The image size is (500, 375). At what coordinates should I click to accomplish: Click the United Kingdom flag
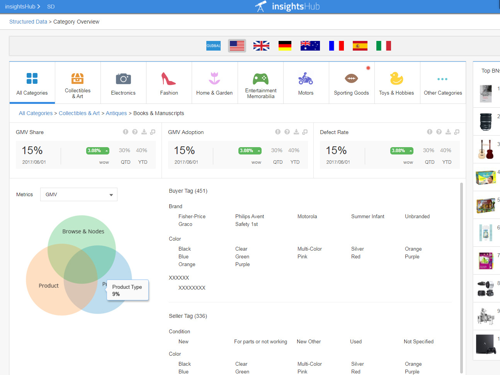point(261,46)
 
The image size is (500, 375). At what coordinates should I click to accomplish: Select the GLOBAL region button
point(213,46)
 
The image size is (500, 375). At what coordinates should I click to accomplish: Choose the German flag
point(285,46)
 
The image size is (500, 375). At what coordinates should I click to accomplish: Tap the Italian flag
point(383,46)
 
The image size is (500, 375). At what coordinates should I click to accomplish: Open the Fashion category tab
point(169,83)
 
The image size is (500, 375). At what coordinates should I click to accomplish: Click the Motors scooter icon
point(306,78)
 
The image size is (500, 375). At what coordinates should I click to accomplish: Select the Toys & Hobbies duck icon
point(396,78)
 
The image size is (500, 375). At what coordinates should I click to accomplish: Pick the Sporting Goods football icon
point(351,78)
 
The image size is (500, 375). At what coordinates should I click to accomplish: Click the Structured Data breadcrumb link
point(28,22)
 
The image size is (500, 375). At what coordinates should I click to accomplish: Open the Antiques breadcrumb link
point(116,113)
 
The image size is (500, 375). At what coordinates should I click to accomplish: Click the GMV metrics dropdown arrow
point(111,195)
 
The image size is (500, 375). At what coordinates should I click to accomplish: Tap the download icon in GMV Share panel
point(144,132)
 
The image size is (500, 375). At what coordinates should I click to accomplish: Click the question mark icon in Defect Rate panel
point(439,132)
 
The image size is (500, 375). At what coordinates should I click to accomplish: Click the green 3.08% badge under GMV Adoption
point(250,151)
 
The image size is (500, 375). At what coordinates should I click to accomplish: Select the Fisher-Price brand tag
point(192,217)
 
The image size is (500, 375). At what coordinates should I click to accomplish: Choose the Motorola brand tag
point(307,217)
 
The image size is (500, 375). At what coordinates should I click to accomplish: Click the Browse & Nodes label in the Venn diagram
point(83,231)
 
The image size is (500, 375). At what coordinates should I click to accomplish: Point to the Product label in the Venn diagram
point(49,286)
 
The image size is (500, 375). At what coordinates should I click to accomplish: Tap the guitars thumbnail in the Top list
point(486,149)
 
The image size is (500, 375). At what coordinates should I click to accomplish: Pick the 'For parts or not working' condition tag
point(260,342)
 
